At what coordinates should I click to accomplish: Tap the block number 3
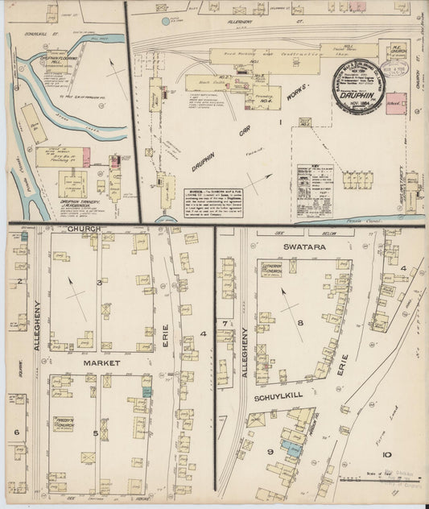click(x=100, y=283)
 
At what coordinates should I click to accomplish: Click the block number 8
click(x=299, y=323)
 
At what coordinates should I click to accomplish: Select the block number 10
click(x=388, y=456)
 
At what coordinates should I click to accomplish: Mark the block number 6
click(x=15, y=432)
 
